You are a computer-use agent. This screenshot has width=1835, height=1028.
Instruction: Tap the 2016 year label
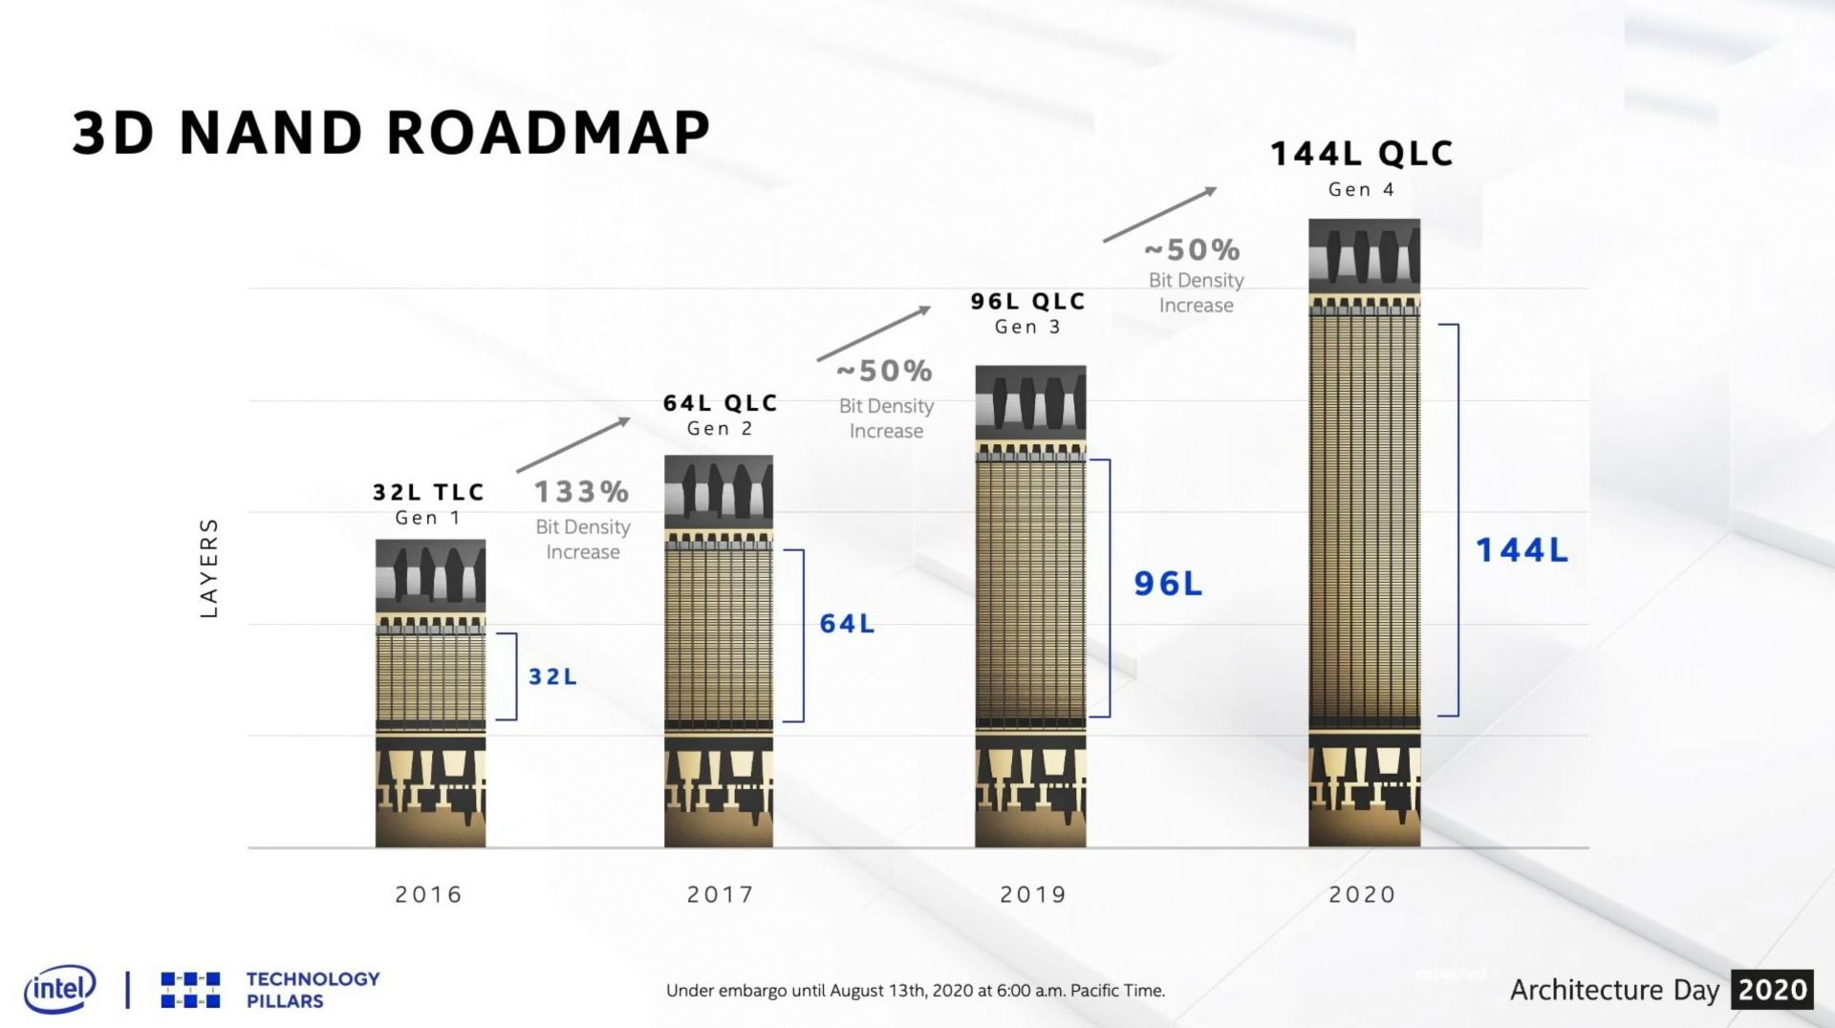[428, 894]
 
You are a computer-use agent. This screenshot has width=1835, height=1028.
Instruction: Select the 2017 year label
[721, 894]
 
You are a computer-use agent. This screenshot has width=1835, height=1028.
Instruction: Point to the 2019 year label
[1032, 894]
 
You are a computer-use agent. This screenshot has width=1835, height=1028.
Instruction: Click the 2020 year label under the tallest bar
[1362, 894]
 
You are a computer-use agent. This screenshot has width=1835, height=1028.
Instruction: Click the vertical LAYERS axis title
[209, 568]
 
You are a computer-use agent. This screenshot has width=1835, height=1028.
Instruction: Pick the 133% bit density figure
[581, 492]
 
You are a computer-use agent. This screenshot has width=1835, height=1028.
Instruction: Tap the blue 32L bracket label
[553, 676]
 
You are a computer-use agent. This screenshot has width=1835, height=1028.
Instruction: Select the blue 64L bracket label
[847, 624]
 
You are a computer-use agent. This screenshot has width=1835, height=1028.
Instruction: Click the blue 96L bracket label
[1168, 584]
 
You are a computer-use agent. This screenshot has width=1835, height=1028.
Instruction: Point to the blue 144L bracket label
[1522, 550]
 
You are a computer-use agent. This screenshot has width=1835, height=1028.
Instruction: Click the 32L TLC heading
[429, 492]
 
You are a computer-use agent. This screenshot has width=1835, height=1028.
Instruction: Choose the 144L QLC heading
[1362, 154]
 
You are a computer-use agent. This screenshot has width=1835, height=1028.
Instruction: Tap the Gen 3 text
[1027, 327]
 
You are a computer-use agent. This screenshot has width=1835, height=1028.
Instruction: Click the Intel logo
[59, 989]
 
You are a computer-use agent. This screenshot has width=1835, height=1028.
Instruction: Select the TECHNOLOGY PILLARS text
[313, 990]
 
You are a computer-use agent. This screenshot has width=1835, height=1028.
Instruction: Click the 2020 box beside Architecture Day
[1773, 990]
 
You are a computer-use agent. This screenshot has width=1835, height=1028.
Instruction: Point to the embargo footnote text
[916, 991]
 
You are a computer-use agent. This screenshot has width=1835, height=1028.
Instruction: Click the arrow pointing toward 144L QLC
[1159, 214]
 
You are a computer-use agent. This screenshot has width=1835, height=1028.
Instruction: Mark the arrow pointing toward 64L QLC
[573, 444]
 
